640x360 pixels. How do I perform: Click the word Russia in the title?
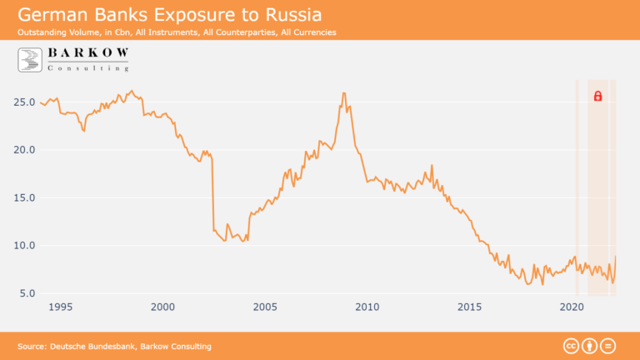(288, 15)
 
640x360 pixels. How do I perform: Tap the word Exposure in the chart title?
(202, 15)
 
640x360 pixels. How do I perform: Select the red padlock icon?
(597, 97)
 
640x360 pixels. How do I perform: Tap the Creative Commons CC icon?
(572, 346)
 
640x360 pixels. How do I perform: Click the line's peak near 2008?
(343, 93)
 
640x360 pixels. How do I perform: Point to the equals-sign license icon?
(608, 346)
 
